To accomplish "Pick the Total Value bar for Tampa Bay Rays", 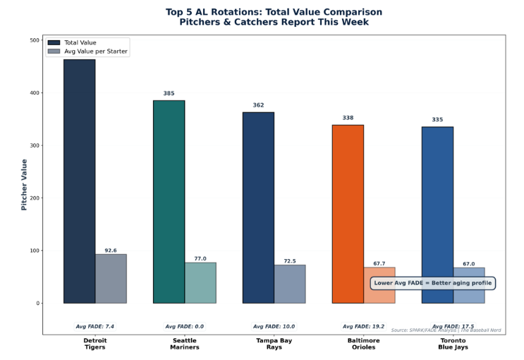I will [x=258, y=208].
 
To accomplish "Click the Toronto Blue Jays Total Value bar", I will [x=437, y=215].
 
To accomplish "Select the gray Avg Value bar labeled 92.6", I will [x=111, y=279].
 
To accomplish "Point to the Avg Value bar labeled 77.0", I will [x=200, y=283].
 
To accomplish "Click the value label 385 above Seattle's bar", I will [x=169, y=93].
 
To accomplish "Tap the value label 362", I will [x=258, y=105].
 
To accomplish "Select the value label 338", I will [x=348, y=118].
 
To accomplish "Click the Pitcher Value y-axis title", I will [x=24, y=184].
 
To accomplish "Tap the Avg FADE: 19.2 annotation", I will [x=364, y=327].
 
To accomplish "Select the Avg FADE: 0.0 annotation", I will [x=185, y=327].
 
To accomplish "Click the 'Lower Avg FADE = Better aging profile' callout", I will [x=433, y=283].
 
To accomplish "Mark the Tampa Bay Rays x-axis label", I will [x=274, y=344].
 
